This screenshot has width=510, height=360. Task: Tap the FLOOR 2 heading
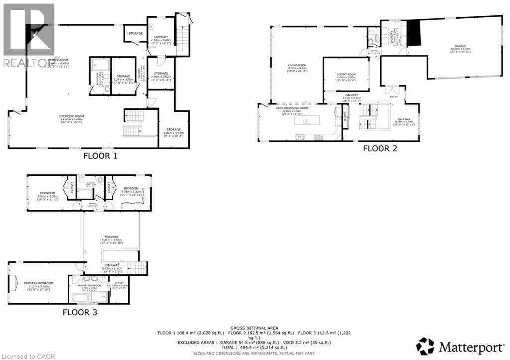380,148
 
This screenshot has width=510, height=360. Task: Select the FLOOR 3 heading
80,313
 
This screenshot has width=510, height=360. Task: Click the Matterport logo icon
425,346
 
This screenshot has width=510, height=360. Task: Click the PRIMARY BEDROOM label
38,283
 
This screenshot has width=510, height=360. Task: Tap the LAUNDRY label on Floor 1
161,36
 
